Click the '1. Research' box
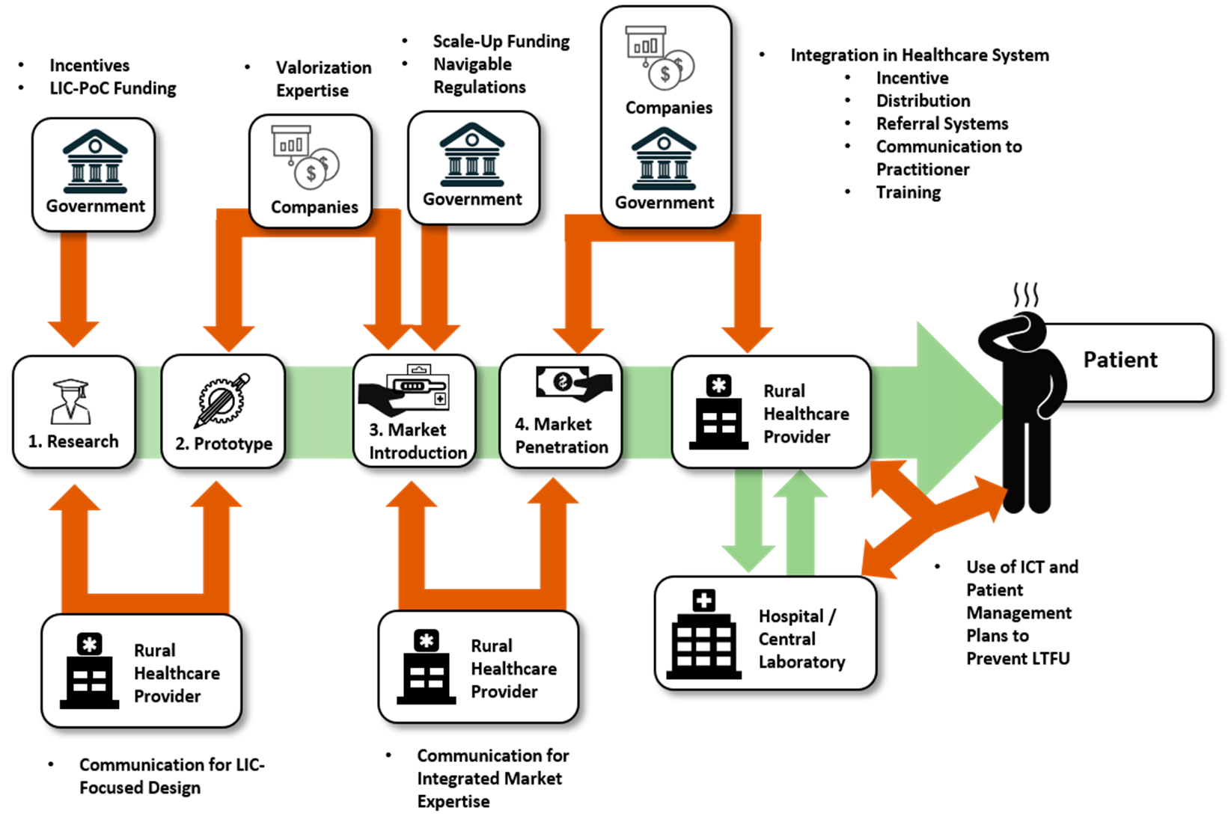(x=73, y=412)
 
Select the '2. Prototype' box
(x=223, y=412)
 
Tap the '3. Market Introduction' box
(x=415, y=412)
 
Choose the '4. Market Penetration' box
(x=560, y=412)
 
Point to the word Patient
(x=1119, y=360)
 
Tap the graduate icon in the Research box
(x=71, y=400)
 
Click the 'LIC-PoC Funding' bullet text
(x=112, y=88)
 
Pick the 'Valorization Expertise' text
(x=323, y=79)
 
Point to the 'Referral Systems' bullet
(x=941, y=123)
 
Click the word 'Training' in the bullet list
(x=908, y=192)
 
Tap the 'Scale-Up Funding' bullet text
(x=501, y=41)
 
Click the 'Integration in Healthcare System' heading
(x=919, y=55)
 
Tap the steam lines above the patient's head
(x=1026, y=295)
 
